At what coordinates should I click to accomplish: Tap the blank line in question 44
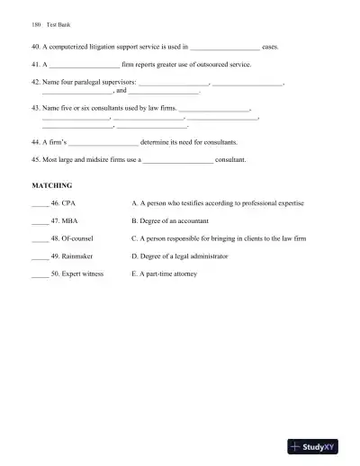coord(103,142)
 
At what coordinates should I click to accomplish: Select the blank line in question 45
coord(178,159)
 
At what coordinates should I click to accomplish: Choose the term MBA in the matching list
coord(67,221)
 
